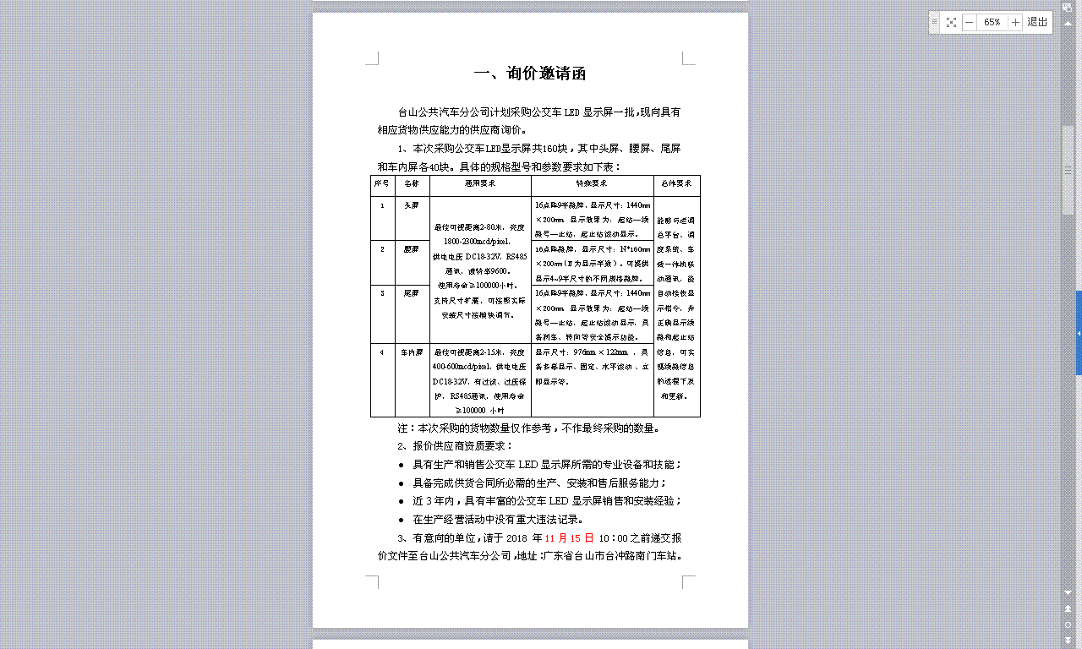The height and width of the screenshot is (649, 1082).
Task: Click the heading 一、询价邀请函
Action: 530,74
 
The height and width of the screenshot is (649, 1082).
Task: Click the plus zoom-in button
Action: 1015,22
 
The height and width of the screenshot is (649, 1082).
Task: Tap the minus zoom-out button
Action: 969,22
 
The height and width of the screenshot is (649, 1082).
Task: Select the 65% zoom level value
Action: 992,22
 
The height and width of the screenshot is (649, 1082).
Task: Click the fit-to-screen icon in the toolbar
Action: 951,22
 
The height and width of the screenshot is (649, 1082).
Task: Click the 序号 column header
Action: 382,183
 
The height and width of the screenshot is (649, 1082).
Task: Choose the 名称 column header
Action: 412,183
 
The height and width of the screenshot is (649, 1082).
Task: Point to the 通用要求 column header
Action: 480,183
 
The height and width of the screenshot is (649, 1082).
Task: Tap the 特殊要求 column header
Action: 592,183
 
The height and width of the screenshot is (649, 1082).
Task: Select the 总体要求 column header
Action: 676,183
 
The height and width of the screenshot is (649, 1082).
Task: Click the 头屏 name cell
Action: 412,205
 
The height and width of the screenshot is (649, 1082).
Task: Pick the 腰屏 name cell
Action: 412,249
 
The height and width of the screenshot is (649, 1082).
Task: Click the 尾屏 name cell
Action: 412,293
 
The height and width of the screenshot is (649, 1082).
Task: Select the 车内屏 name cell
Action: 412,352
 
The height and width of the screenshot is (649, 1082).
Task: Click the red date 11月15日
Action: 570,538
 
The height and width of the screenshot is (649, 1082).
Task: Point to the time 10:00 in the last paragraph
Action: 612,538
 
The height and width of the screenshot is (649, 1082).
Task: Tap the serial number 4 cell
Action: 382,352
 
